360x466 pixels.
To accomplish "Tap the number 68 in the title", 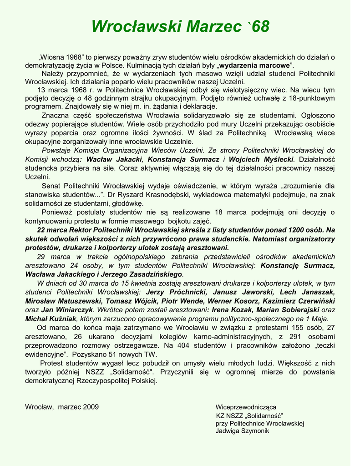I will click(260, 27).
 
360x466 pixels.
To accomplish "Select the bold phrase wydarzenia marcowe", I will click(255, 66).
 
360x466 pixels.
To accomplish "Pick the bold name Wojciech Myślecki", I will click(261, 159).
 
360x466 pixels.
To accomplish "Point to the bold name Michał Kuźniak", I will click(51, 319).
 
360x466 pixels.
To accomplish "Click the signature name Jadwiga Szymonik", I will click(243, 431).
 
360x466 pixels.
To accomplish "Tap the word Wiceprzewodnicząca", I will click(246, 407).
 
